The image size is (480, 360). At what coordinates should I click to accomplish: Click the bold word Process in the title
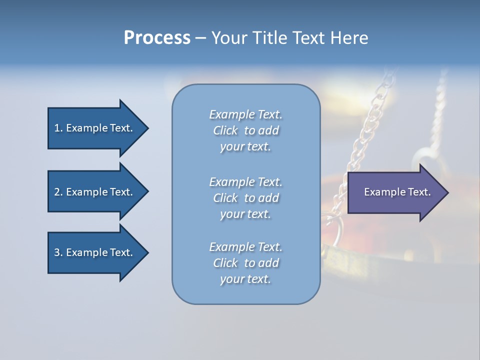tap(157, 38)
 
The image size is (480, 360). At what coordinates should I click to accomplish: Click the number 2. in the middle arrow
tap(58, 192)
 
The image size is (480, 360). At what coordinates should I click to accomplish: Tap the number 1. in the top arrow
tap(58, 128)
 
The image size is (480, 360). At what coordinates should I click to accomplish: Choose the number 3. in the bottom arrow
tap(58, 252)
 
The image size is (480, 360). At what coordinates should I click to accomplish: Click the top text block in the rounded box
tap(245, 130)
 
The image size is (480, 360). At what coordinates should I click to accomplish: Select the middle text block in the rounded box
tap(245, 198)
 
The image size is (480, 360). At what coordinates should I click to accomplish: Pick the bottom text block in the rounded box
tap(245, 263)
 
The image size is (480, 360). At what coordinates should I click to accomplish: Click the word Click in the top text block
tap(225, 131)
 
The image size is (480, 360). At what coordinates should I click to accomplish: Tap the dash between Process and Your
tap(200, 38)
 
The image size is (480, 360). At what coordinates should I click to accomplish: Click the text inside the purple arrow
tap(397, 192)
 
